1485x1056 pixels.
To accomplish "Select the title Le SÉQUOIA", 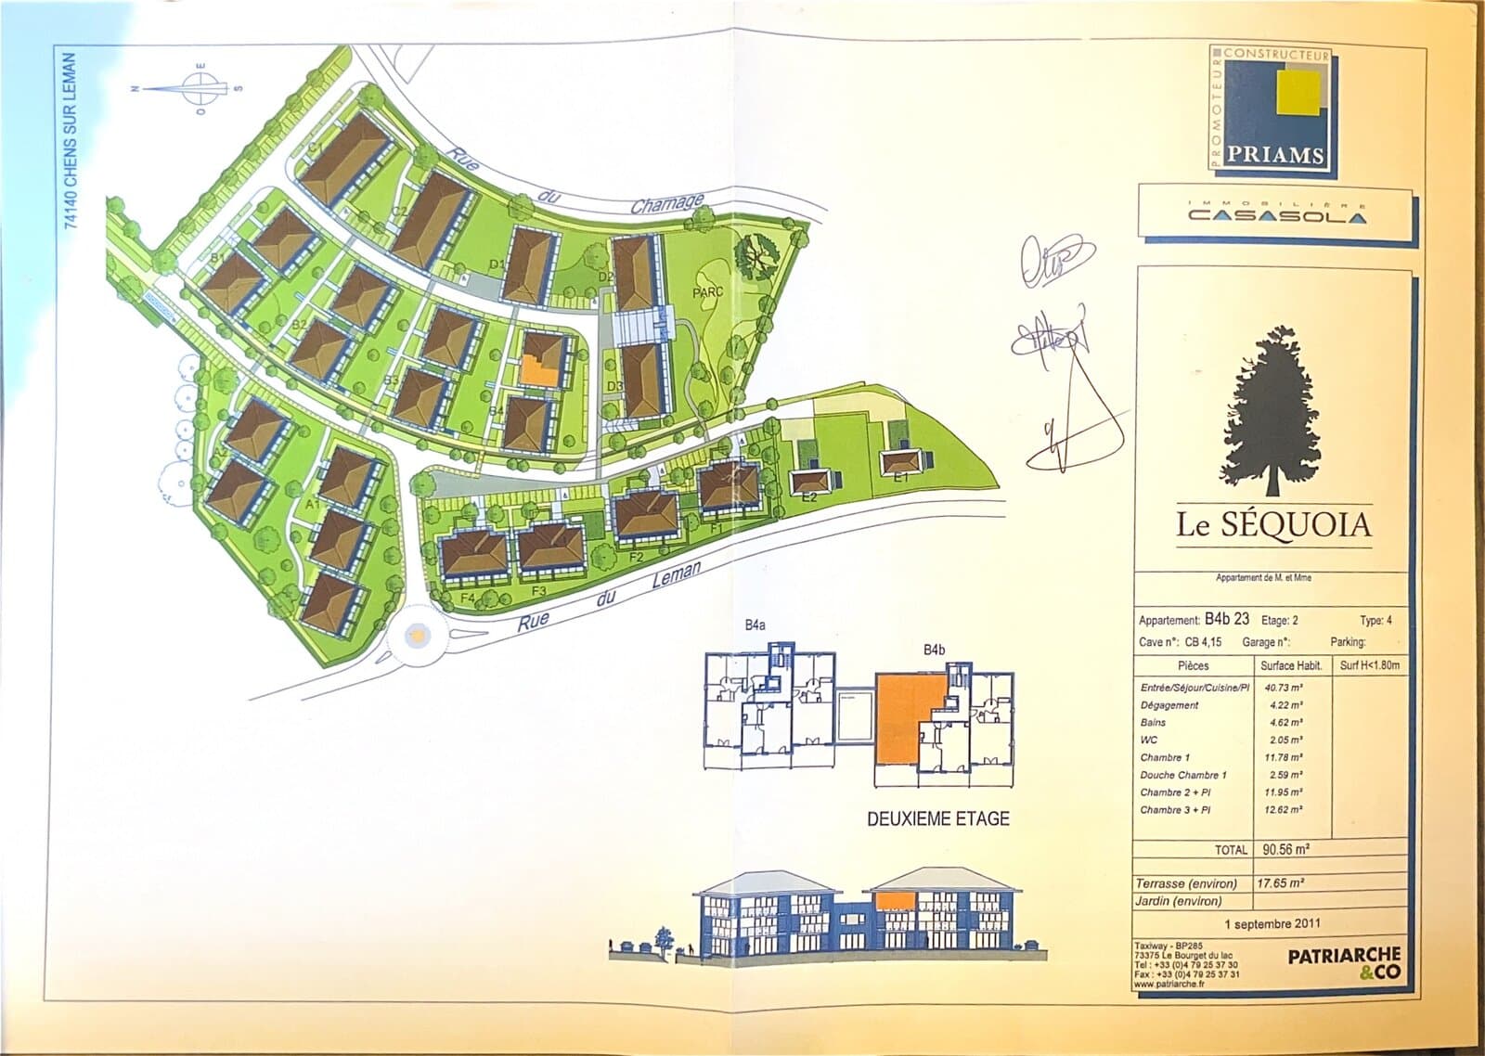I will tap(1273, 525).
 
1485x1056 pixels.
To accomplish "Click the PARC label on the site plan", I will tap(707, 291).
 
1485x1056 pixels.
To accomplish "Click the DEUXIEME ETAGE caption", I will tap(937, 819).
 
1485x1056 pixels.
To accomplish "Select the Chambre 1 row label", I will tap(1164, 757).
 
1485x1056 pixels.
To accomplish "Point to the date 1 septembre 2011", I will tap(1272, 923).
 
